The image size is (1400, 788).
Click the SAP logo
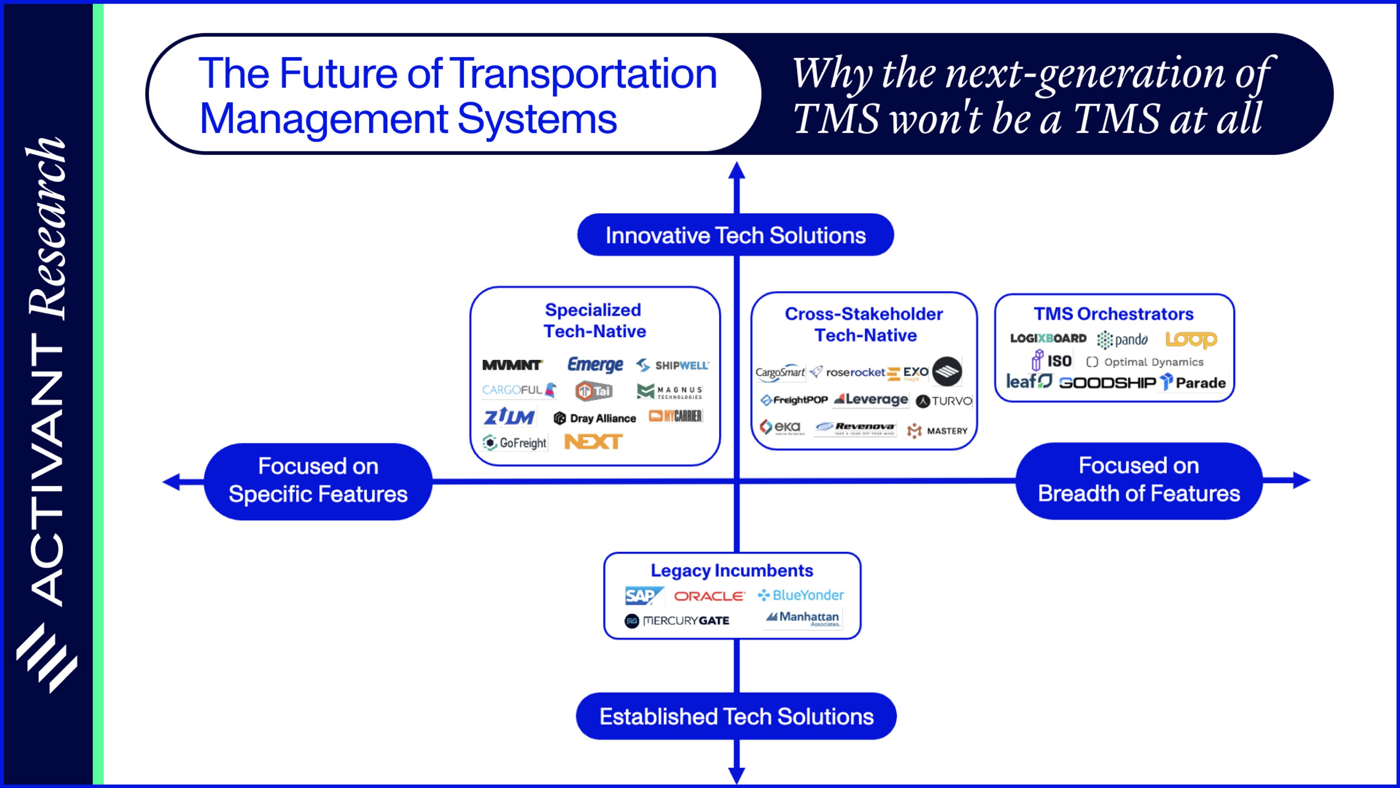(x=643, y=596)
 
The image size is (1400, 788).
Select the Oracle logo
(x=709, y=596)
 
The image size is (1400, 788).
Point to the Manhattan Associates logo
(x=803, y=618)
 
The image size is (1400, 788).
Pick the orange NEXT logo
(x=593, y=441)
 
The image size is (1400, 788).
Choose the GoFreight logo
(x=515, y=443)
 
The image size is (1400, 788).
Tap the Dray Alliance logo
(x=595, y=418)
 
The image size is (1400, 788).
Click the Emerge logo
(x=595, y=364)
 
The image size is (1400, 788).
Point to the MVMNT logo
(x=512, y=365)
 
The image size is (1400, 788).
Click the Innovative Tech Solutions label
(x=735, y=235)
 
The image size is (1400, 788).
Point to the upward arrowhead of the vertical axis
(x=736, y=171)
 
